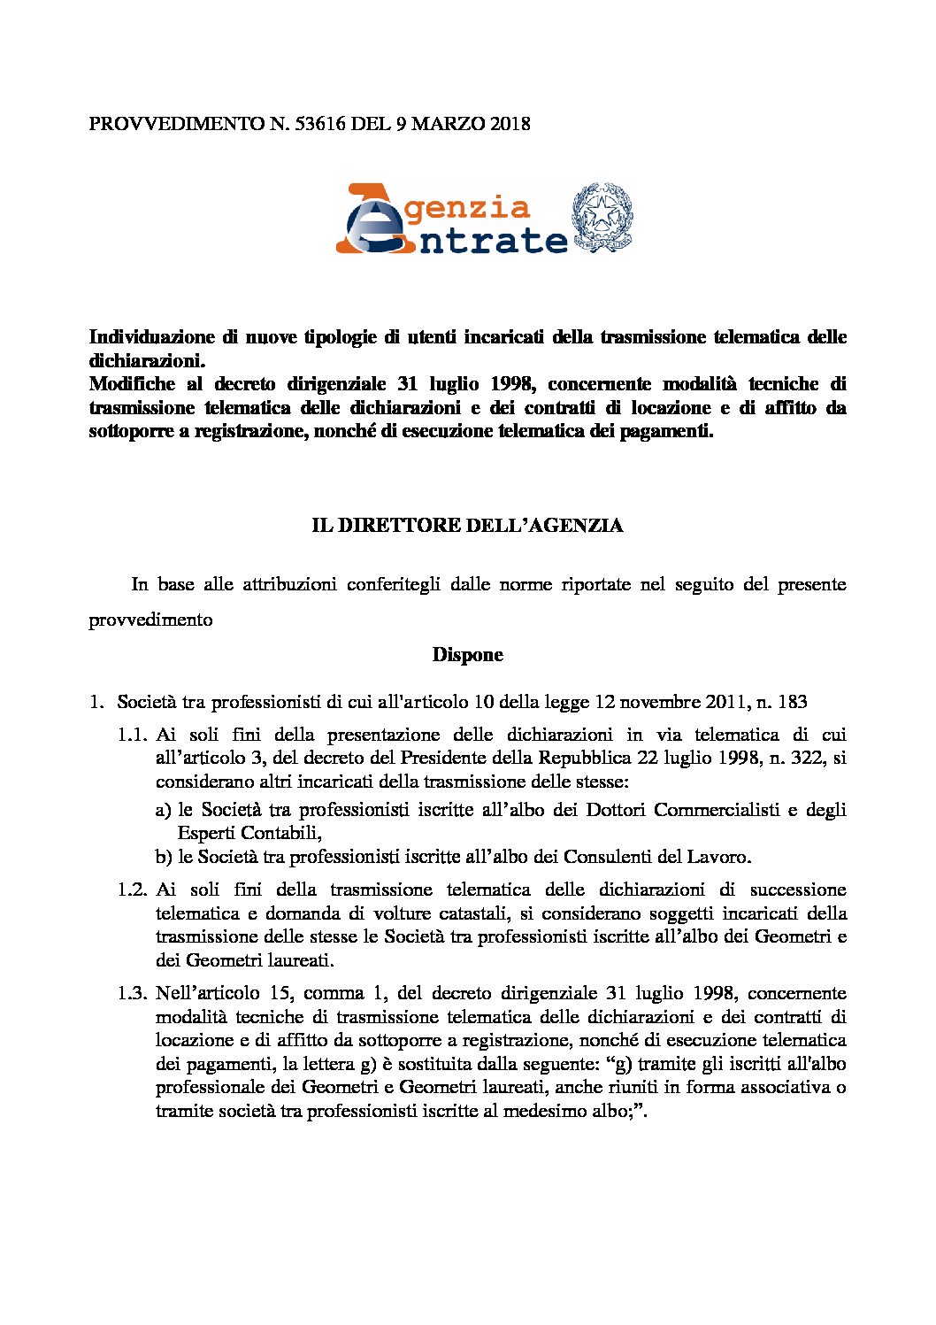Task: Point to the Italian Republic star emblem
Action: [603, 216]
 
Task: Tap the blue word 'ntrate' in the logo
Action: [492, 240]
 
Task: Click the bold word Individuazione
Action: [151, 337]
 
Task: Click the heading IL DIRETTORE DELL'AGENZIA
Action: [467, 526]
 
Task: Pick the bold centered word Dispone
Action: [467, 655]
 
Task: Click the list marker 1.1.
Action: [130, 735]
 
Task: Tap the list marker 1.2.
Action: [130, 890]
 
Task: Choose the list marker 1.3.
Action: [130, 993]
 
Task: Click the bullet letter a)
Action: [163, 810]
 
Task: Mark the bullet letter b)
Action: [163, 857]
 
